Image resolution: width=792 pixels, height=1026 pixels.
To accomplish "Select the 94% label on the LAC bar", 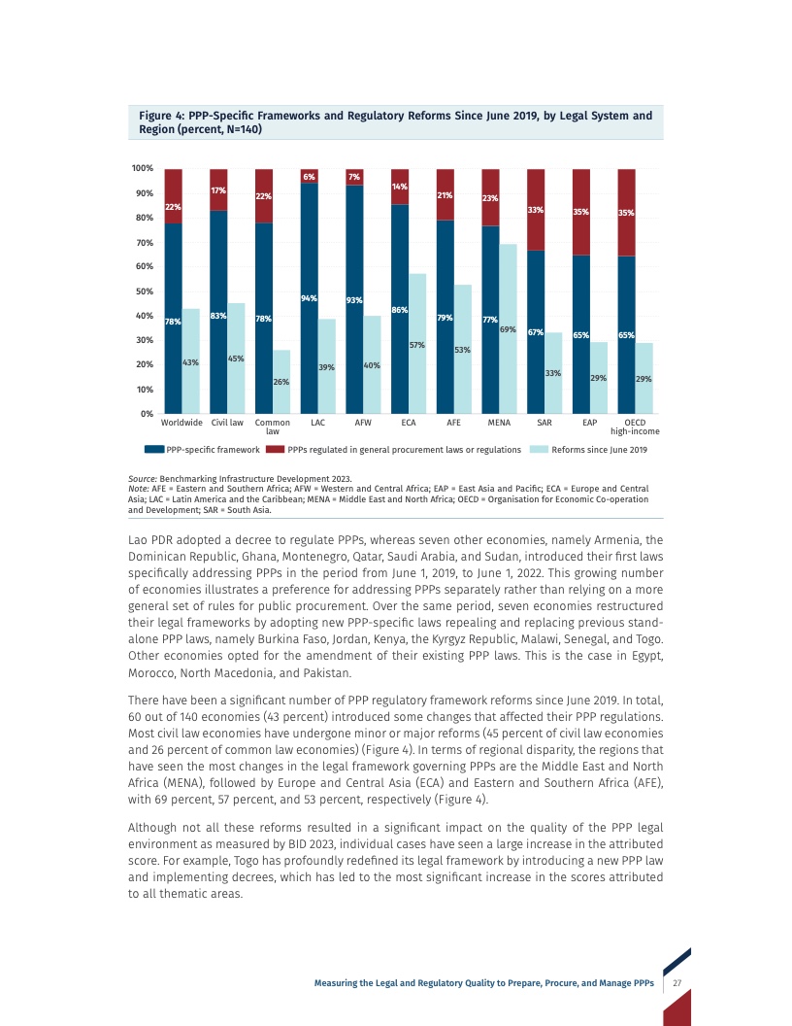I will point(310,298).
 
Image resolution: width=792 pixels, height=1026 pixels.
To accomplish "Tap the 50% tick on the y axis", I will point(143,291).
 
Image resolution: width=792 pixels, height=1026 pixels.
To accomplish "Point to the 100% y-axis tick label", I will point(142,169).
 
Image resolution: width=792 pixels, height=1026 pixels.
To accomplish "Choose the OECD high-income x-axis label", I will point(635,427).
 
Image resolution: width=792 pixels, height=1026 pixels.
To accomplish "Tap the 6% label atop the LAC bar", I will point(310,177).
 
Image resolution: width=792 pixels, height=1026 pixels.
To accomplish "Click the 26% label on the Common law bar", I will point(281,382).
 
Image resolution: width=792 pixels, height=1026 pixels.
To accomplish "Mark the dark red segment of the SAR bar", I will point(535,209).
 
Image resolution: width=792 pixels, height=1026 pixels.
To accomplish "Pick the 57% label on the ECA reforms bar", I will point(417,344).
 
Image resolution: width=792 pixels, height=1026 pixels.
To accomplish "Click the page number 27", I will point(677,983).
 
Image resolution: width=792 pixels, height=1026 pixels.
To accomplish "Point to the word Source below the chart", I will point(142,478).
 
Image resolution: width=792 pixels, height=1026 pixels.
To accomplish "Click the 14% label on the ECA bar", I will point(400,186).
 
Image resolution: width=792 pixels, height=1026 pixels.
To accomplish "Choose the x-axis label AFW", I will point(363,423).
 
